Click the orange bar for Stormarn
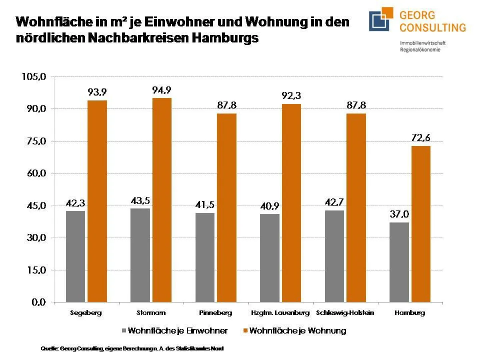tap(162, 200)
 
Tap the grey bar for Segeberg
tap(75, 256)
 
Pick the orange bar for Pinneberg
tap(227, 208)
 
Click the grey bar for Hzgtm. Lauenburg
tap(270, 258)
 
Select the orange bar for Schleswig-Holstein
tap(356, 208)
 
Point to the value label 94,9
tap(162, 90)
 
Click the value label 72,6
tap(420, 138)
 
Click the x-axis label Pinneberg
tap(215, 313)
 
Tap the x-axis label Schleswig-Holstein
tap(345, 313)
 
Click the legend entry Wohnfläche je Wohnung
tap(294, 331)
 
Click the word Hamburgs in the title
tap(225, 38)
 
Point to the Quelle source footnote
tap(132, 349)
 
